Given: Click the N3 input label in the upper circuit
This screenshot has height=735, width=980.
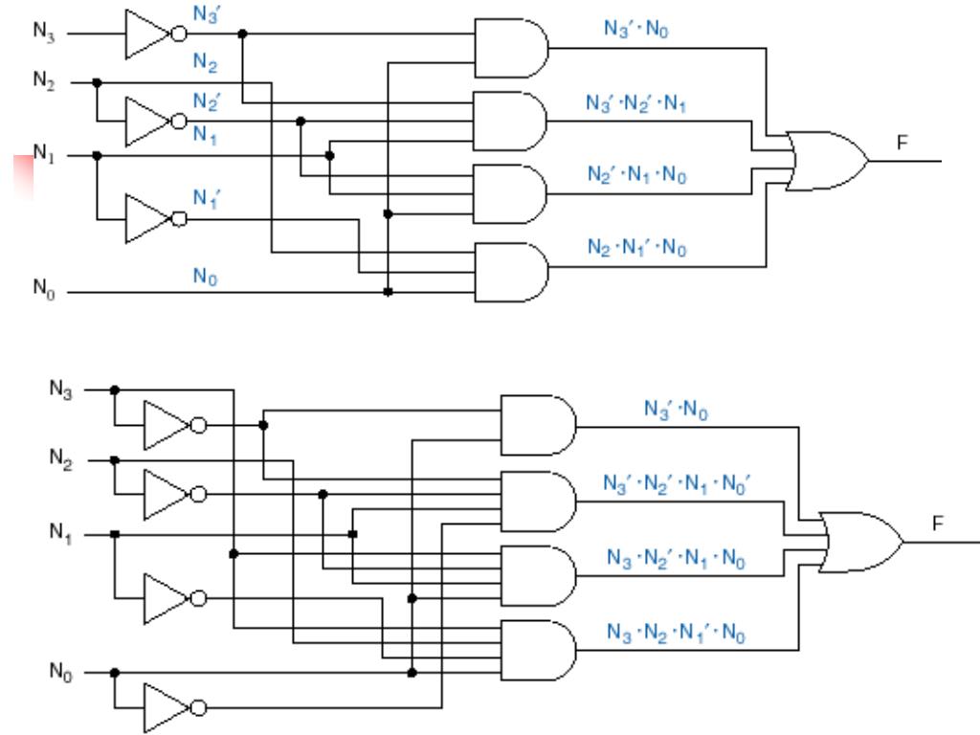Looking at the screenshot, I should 44,32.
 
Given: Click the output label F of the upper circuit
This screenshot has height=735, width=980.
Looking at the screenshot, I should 901,143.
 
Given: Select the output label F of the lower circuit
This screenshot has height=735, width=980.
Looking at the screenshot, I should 937,523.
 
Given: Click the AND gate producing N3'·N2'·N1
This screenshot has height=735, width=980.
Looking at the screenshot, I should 512,122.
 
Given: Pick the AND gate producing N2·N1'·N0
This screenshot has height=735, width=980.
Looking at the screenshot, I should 512,272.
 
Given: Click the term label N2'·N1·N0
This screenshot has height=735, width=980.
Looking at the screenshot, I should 636,176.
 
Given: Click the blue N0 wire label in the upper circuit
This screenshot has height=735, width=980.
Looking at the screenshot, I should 207,276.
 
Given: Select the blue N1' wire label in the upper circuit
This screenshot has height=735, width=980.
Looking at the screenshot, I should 207,198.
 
